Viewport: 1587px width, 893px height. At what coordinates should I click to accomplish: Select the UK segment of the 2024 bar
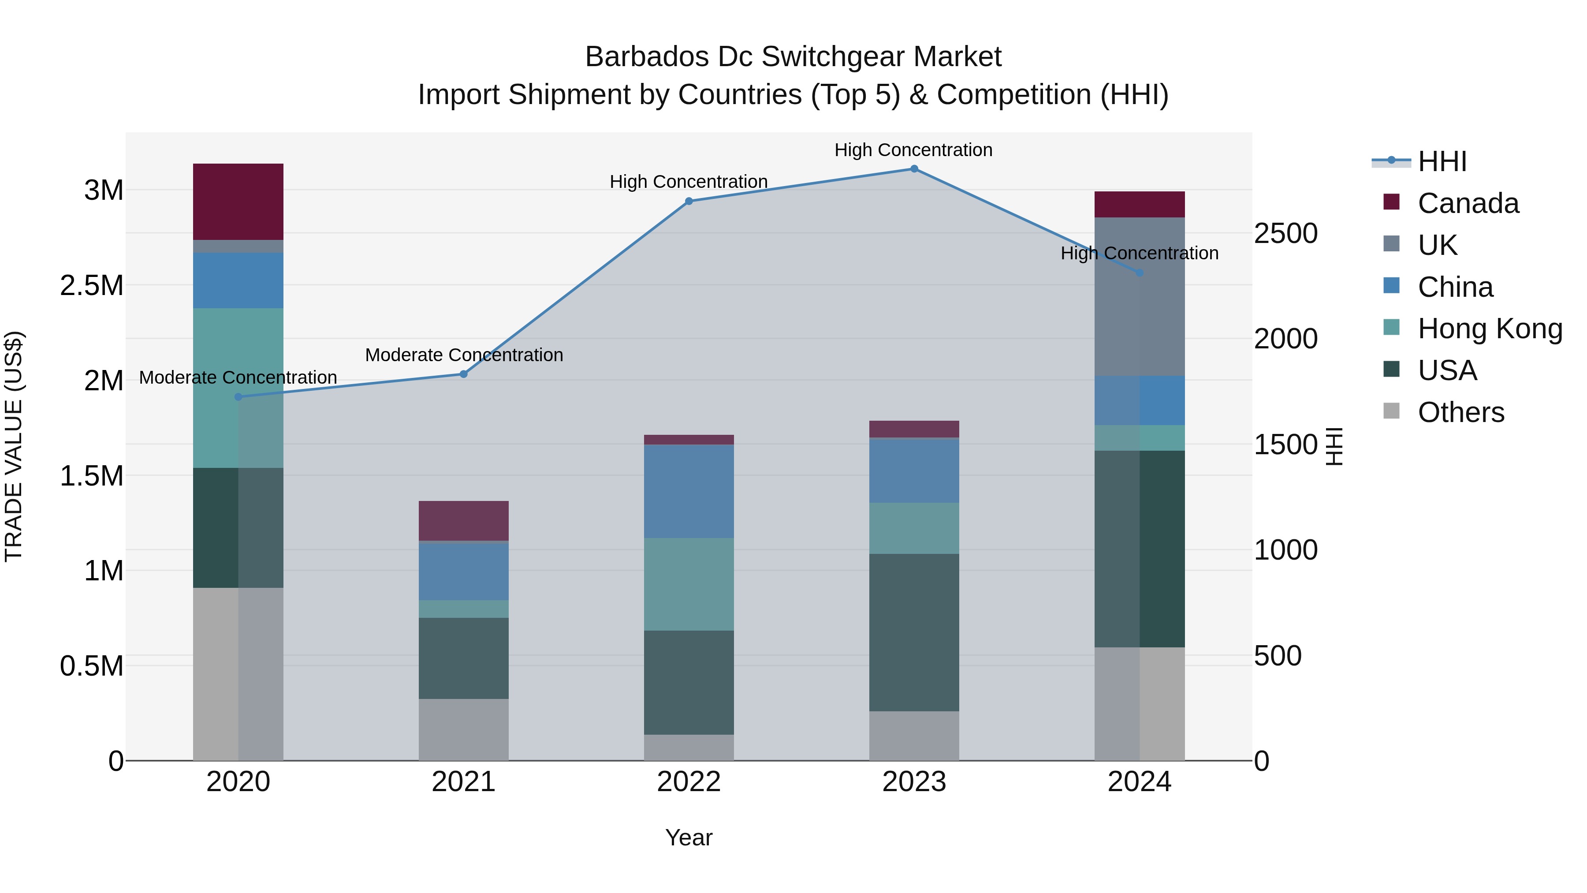pos(1139,296)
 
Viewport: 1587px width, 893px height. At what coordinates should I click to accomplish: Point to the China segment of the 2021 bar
pos(463,571)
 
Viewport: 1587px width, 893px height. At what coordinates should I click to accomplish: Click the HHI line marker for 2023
pos(914,169)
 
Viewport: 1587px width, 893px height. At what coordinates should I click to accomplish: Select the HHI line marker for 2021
pos(464,374)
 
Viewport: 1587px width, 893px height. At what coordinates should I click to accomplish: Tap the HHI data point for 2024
pos(1139,273)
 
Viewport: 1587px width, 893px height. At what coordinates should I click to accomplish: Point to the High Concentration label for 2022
pos(688,182)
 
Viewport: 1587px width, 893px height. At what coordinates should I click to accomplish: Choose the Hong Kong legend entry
pos(1490,329)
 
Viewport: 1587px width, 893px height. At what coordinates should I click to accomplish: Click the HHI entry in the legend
pos(1442,161)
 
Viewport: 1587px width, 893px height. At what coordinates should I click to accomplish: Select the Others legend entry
pos(1460,412)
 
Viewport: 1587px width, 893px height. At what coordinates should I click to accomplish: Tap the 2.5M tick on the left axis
pos(91,285)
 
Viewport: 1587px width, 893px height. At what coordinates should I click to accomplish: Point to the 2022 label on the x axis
pos(689,782)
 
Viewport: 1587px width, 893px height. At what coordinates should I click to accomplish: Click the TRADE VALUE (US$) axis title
pos(14,446)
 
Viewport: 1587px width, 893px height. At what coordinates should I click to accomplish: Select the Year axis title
pos(689,837)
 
